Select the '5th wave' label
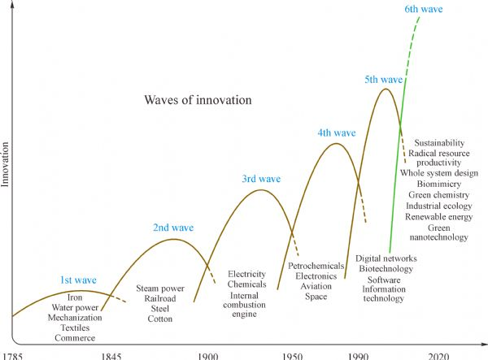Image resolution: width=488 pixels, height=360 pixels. pos(384,80)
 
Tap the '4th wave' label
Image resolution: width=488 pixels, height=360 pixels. pos(336,132)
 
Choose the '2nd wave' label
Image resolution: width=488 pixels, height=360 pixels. pos(173,228)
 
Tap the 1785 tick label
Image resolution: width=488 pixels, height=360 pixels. pos(13,355)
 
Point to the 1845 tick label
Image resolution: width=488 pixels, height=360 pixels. pos(111,355)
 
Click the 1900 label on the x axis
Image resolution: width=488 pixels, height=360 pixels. pos(208,355)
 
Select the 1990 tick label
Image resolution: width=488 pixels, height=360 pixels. pos(358,355)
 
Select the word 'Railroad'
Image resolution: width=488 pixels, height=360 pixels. pos(160,298)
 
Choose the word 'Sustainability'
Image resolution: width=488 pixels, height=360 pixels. pos(438,142)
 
